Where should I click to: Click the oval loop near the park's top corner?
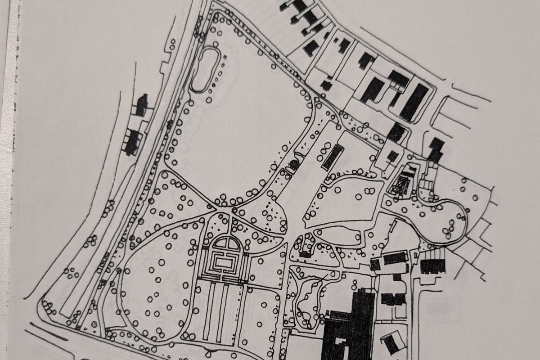click(x=206, y=70)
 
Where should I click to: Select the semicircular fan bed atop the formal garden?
click(x=226, y=243)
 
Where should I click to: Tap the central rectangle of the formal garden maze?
click(x=223, y=261)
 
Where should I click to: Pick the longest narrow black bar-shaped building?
click(x=414, y=103)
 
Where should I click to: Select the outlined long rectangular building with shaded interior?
click(x=333, y=157)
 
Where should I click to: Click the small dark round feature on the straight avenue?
click(x=294, y=165)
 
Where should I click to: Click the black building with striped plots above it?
click(x=432, y=266)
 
